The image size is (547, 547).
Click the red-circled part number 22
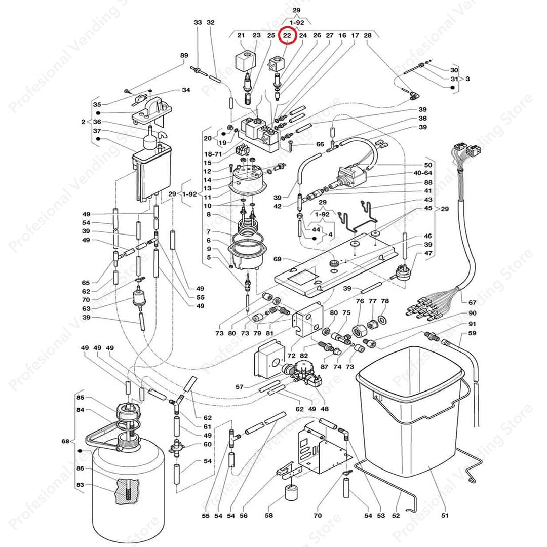tap(287, 35)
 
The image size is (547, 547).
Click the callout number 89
tap(184, 55)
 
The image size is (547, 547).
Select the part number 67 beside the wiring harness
tap(472, 302)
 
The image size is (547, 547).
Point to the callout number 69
tap(277, 259)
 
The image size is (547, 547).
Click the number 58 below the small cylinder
tap(269, 516)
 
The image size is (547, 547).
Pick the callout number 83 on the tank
tap(80, 485)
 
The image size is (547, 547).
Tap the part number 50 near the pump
tap(428, 165)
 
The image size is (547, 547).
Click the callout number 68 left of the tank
tap(65, 442)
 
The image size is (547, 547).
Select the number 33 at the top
tap(198, 23)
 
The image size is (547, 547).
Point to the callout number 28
tap(368, 35)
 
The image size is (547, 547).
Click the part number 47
tap(428, 253)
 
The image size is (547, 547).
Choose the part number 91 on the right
tap(472, 324)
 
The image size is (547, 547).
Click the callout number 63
tap(86, 308)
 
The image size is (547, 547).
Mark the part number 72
tap(291, 357)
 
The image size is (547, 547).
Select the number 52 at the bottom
tap(396, 516)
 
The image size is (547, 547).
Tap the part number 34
tap(186, 90)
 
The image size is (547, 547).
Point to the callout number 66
tap(320, 144)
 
